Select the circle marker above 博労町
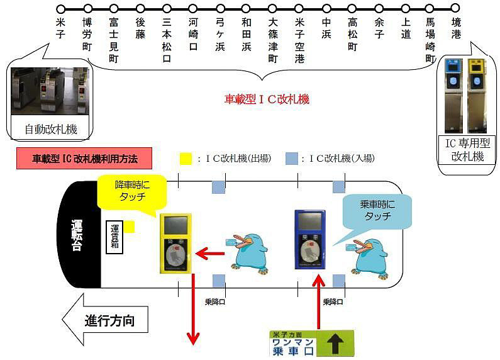click(x=87, y=9)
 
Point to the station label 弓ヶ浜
click(x=220, y=38)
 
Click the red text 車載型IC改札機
click(x=267, y=99)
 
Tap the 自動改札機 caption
click(x=51, y=130)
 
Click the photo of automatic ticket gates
click(x=50, y=91)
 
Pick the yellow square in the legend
click(x=185, y=159)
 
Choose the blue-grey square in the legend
click(x=291, y=159)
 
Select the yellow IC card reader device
click(x=175, y=243)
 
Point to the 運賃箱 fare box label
click(x=114, y=237)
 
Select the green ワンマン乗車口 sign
click(x=312, y=344)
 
